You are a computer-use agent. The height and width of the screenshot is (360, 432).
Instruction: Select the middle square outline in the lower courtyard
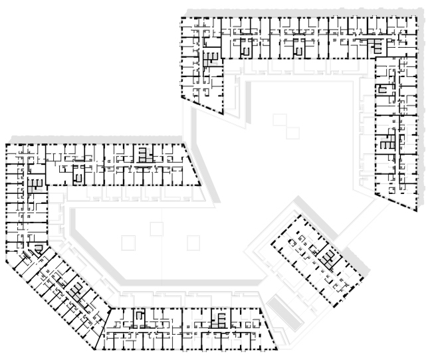click(156, 228)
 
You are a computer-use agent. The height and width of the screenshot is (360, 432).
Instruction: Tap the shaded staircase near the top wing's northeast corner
click(376, 46)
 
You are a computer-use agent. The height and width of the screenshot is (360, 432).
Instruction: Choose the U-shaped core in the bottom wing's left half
click(140, 317)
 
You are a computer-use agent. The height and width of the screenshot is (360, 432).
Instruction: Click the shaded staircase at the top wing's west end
click(211, 58)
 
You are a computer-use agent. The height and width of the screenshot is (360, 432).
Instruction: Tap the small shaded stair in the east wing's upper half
click(383, 89)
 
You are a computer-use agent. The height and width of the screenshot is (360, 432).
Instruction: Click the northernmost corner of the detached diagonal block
click(296, 215)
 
